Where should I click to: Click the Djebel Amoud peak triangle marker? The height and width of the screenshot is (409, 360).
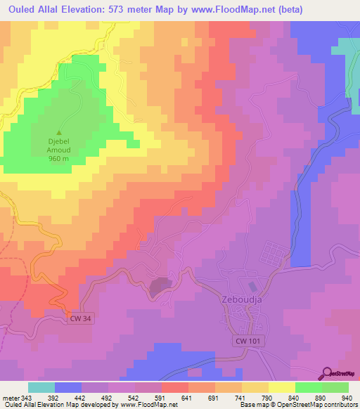(x=58, y=132)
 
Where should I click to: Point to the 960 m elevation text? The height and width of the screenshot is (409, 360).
(x=58, y=158)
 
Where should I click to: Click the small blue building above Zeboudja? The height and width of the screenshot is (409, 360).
(x=252, y=287)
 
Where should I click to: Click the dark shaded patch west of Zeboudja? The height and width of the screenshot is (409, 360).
(x=159, y=285)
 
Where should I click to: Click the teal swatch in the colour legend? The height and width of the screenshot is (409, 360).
(x=41, y=387)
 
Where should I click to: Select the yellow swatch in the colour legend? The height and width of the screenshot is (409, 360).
(x=281, y=387)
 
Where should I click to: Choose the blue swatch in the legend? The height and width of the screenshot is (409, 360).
(x=68, y=387)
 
